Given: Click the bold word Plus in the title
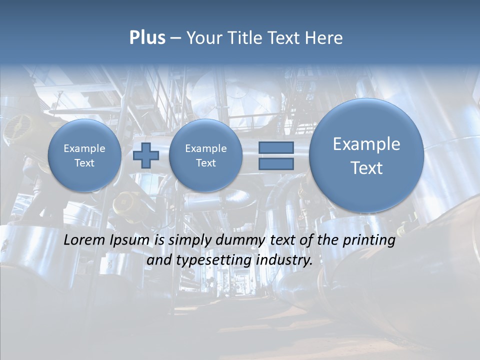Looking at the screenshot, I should pyautogui.click(x=147, y=38).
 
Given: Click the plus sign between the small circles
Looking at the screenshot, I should pyautogui.click(x=146, y=155).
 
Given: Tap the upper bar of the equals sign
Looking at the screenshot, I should pyautogui.click(x=276, y=147).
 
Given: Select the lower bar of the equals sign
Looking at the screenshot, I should pyautogui.click(x=276, y=164).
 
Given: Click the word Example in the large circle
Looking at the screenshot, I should pyautogui.click(x=366, y=144).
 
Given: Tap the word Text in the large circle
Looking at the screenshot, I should pyautogui.click(x=366, y=168).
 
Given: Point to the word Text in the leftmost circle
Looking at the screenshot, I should pyautogui.click(x=84, y=163).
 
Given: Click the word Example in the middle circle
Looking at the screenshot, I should pyautogui.click(x=205, y=148).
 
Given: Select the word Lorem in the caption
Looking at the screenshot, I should pyautogui.click(x=84, y=240).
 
